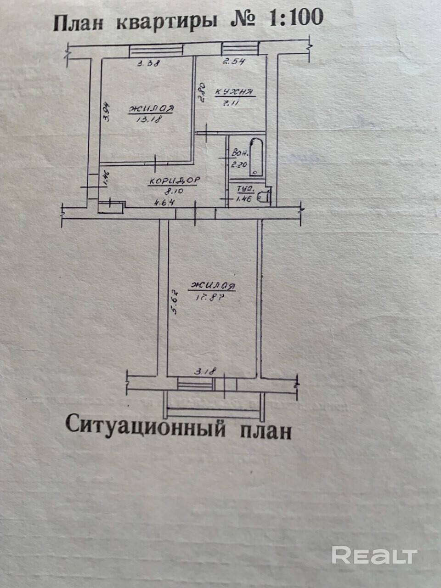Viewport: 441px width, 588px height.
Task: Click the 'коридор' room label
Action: click(x=174, y=181)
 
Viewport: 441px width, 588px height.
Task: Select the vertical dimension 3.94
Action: click(x=105, y=112)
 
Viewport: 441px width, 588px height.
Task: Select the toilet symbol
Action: click(x=263, y=196)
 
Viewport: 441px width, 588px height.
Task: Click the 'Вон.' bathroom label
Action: click(x=241, y=153)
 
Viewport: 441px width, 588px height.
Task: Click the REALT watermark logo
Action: click(x=374, y=555)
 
